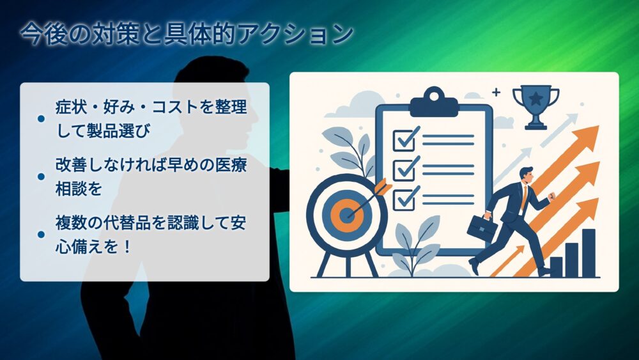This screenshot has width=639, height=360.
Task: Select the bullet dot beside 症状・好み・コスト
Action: click(41, 119)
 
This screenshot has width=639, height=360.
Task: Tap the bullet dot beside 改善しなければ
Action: click(41, 176)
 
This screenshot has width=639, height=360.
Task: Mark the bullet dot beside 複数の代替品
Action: click(41, 235)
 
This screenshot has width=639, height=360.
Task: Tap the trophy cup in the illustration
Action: click(535, 107)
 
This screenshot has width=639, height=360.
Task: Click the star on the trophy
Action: click(535, 98)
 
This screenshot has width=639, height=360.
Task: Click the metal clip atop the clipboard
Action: click(434, 102)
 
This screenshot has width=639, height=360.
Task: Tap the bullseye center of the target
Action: click(347, 214)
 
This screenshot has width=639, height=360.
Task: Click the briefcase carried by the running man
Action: click(482, 228)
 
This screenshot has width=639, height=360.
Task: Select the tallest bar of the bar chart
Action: click(589, 253)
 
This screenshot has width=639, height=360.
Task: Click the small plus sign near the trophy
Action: click(496, 92)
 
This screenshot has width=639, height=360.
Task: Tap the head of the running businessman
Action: click(526, 175)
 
